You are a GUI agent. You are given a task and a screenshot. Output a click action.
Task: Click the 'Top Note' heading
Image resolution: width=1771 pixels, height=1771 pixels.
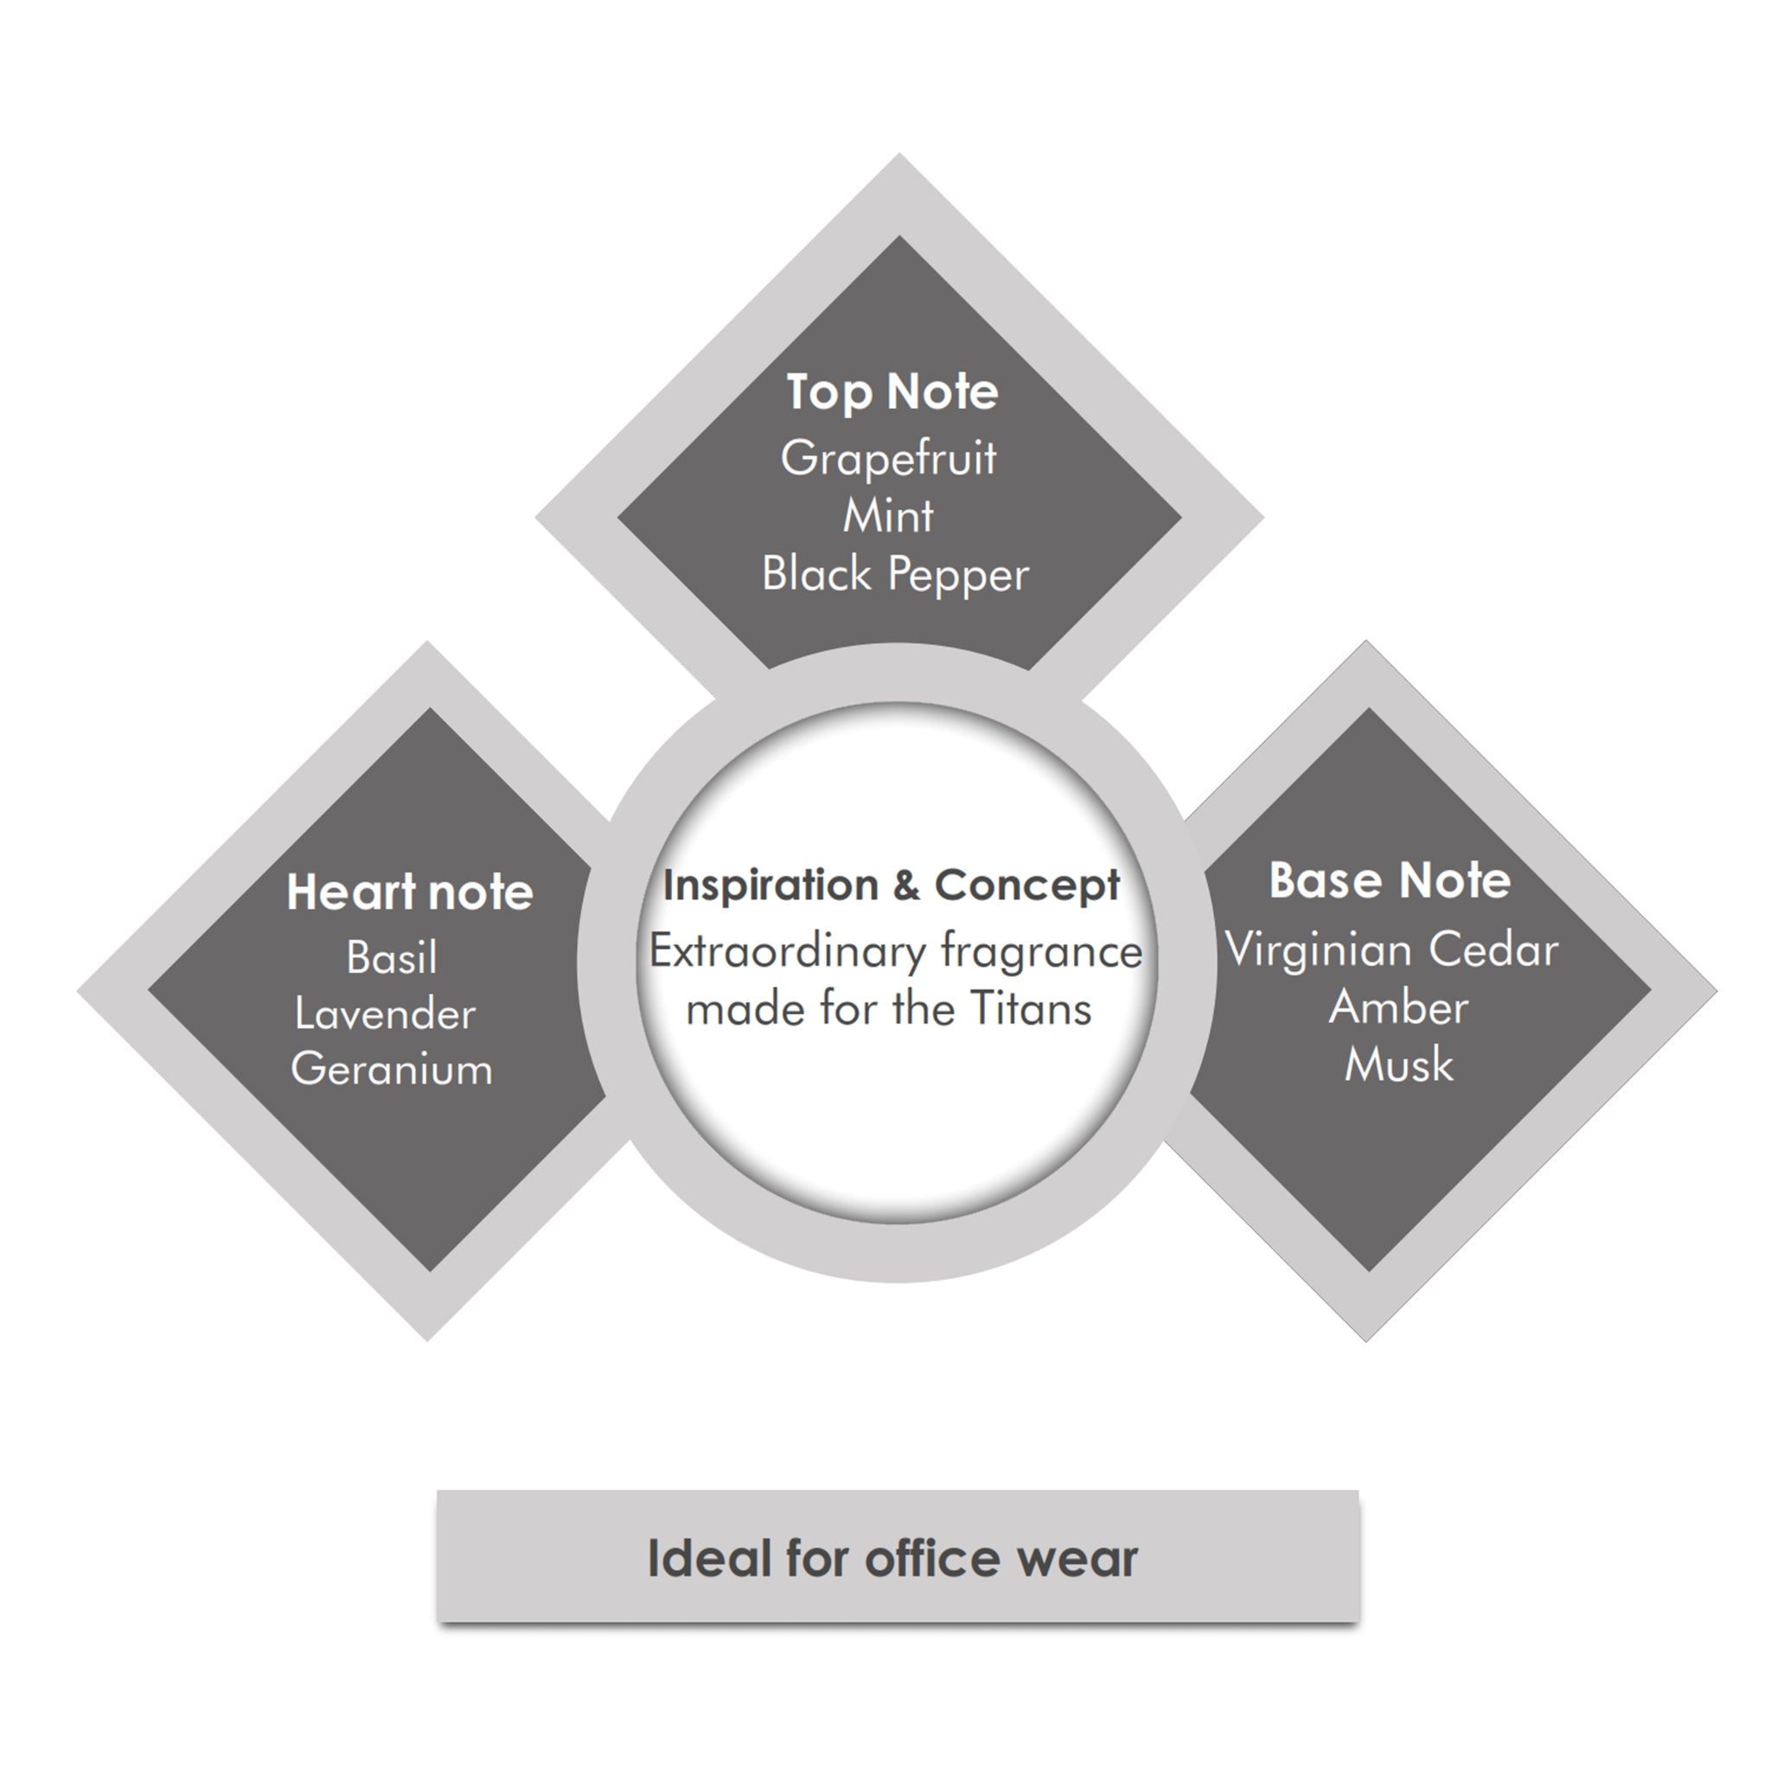click(892, 393)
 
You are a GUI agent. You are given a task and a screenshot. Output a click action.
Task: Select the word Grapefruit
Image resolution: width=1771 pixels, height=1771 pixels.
click(888, 457)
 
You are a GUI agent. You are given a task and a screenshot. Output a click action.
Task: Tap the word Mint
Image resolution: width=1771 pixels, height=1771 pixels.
click(888, 515)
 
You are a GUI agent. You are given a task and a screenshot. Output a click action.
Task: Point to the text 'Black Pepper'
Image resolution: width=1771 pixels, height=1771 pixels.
click(896, 575)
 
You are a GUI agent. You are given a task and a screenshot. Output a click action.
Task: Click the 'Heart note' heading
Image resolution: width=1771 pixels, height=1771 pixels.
click(410, 892)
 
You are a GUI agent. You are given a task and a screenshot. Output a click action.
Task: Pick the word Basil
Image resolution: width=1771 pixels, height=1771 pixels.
click(393, 958)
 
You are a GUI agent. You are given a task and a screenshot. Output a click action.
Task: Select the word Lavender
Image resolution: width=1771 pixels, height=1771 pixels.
click(385, 1013)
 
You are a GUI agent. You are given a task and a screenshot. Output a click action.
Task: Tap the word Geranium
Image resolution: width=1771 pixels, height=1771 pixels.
click(392, 1070)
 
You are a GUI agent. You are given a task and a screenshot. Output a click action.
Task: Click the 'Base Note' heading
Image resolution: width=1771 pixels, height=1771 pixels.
click(1390, 881)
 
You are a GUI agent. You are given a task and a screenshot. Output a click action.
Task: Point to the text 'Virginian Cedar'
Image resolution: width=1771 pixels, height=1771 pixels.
click(1391, 949)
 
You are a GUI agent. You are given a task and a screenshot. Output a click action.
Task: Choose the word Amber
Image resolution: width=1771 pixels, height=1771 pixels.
click(1399, 1007)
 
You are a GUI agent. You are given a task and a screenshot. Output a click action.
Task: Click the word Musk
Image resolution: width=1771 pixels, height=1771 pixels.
click(1399, 1065)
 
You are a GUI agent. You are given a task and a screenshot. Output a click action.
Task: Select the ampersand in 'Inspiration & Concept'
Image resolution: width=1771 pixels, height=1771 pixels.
click(905, 885)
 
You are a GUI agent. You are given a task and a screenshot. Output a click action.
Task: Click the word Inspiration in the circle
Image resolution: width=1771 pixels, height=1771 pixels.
click(770, 886)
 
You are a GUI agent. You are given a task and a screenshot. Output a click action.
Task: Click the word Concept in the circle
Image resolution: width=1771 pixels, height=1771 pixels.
click(1026, 886)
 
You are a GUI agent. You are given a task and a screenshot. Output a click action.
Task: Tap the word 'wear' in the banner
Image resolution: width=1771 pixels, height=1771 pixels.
click(1074, 1562)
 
